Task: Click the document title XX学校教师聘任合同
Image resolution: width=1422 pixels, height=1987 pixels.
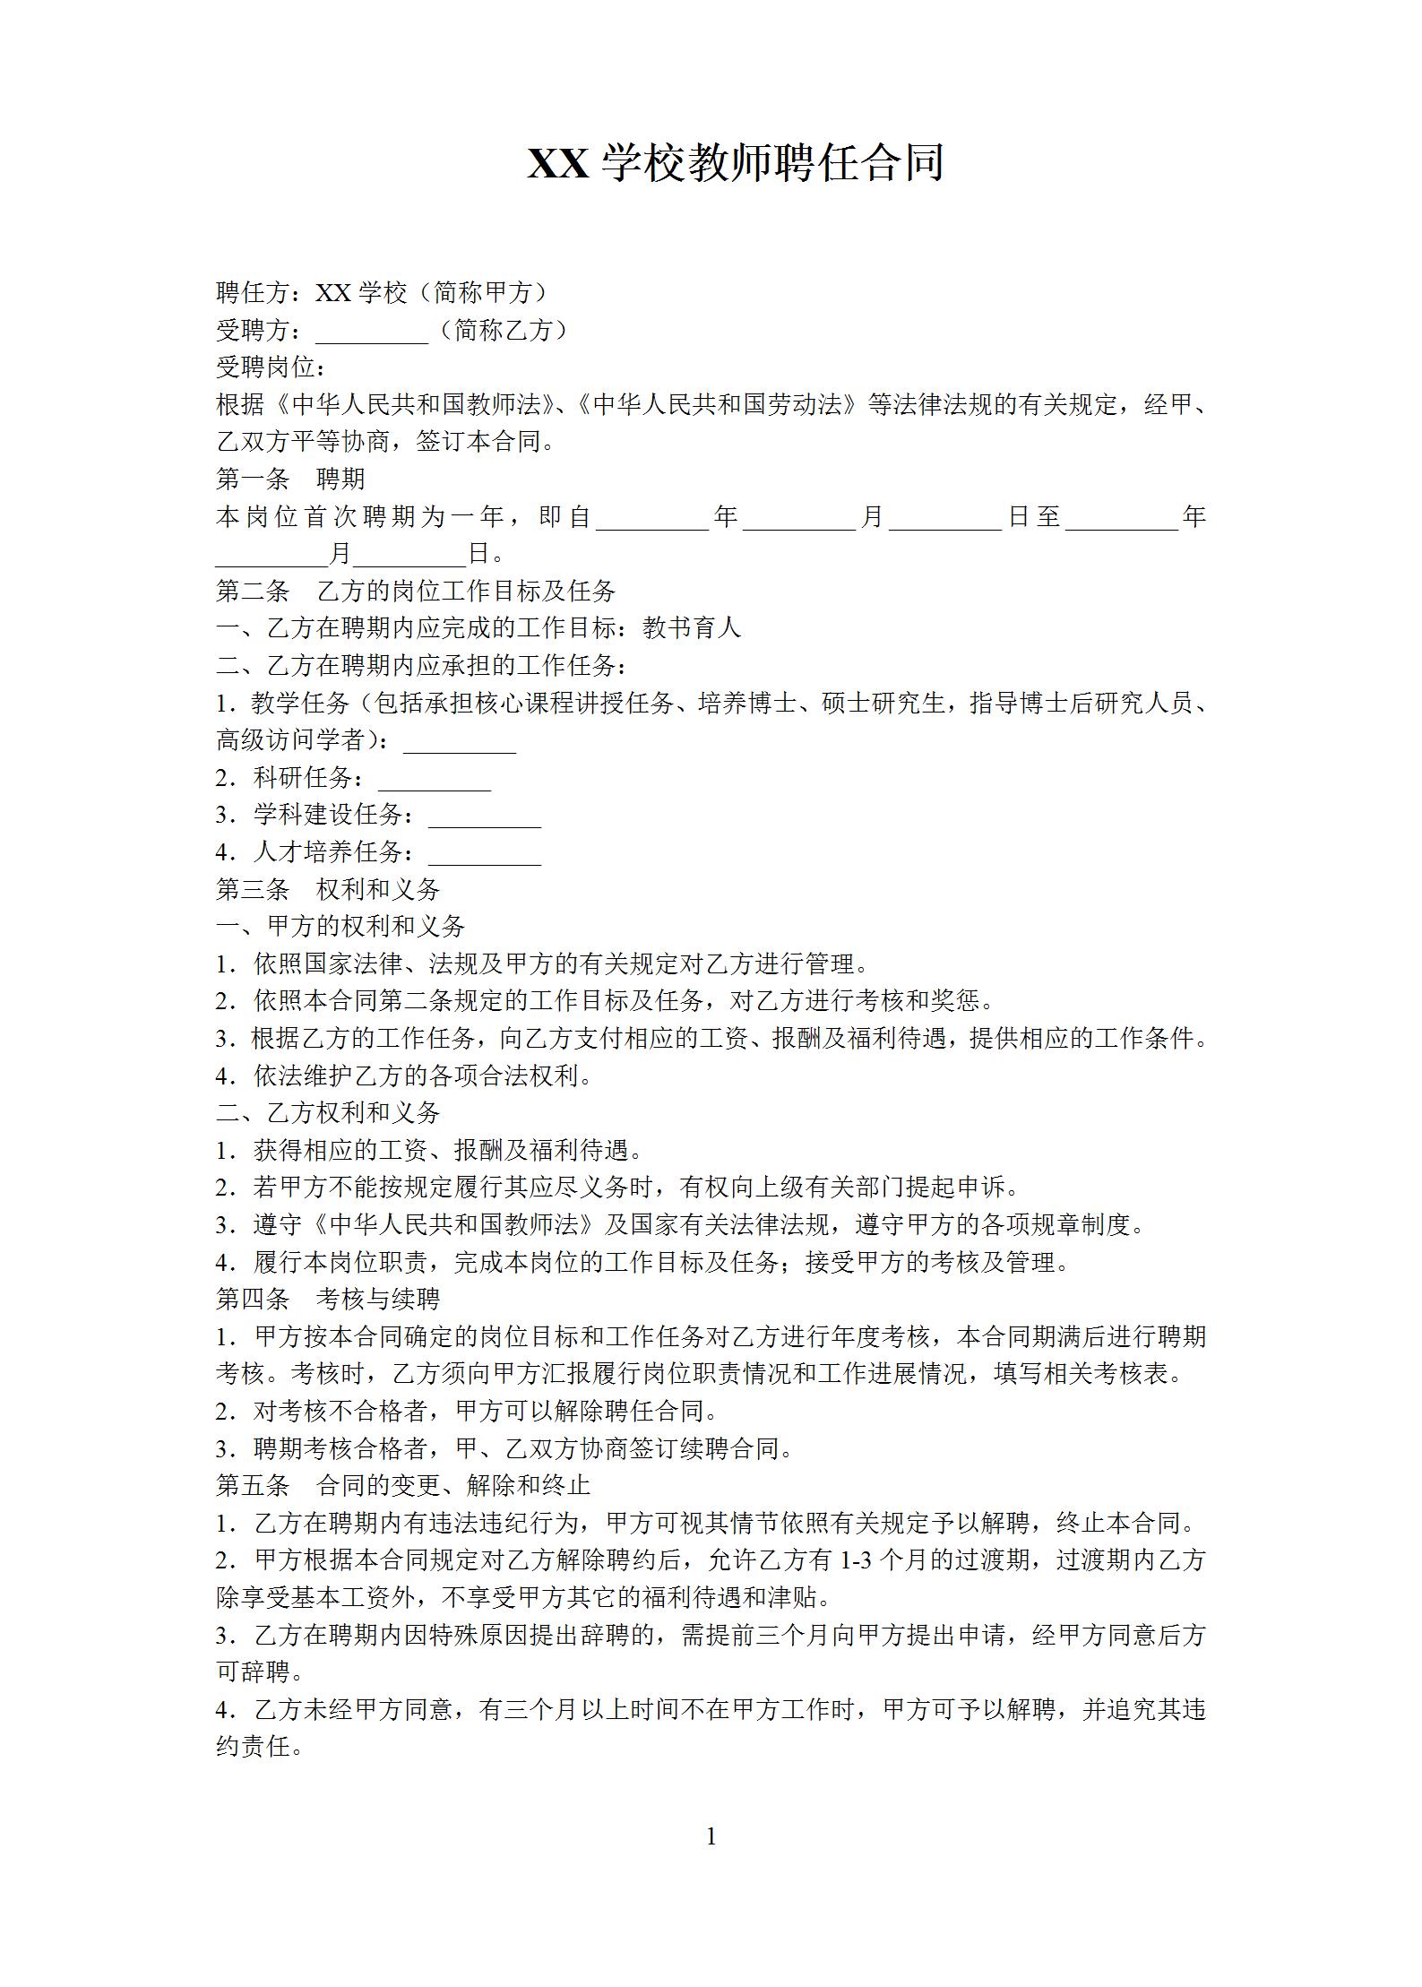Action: pyautogui.click(x=735, y=163)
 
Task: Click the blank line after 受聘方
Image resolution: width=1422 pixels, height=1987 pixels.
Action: pyautogui.click(x=371, y=333)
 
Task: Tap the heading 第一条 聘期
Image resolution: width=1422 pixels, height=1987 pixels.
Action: pyautogui.click(x=290, y=479)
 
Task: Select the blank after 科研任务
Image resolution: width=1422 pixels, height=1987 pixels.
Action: pyautogui.click(x=435, y=780)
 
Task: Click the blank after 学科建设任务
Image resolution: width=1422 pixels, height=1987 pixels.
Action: pyautogui.click(x=485, y=817)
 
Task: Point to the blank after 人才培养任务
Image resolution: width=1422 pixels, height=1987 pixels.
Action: pyautogui.click(x=485, y=854)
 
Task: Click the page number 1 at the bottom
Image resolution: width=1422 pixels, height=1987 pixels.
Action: pyautogui.click(x=711, y=1836)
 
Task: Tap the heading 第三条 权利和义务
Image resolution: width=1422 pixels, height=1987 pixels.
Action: pyautogui.click(x=328, y=889)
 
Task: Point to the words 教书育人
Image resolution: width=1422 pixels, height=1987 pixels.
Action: pyautogui.click(x=692, y=627)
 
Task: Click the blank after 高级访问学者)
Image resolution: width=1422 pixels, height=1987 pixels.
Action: pyautogui.click(x=460, y=742)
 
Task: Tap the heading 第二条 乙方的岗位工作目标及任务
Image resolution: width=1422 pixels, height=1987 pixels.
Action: pyautogui.click(x=416, y=591)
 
